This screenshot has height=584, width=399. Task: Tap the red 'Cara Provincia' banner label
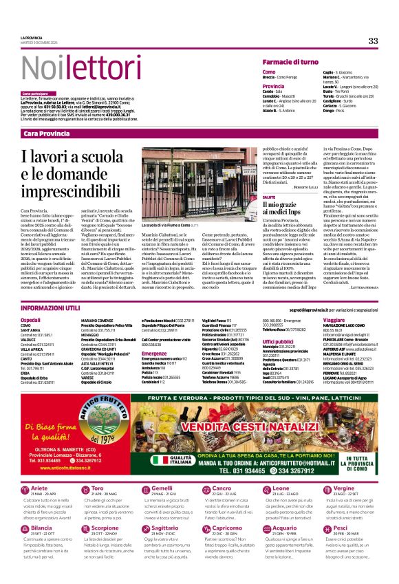pyautogui.click(x=47, y=133)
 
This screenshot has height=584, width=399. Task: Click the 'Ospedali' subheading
pyautogui.click(x=31, y=321)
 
